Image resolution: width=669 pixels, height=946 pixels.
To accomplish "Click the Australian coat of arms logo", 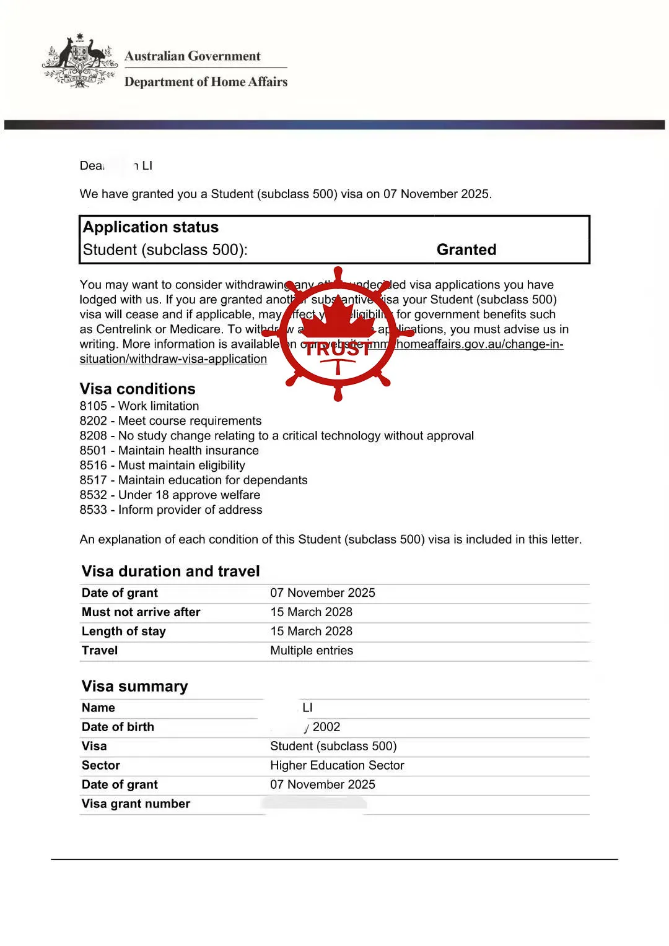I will click(x=79, y=61).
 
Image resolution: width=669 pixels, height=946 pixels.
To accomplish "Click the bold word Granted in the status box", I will click(x=466, y=250).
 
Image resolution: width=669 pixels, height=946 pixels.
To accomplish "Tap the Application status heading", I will click(x=151, y=227).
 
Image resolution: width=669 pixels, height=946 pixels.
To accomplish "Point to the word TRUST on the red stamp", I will click(x=338, y=349).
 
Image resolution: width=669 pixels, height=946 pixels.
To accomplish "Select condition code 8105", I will click(x=93, y=406).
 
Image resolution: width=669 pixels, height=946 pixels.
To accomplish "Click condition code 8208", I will click(x=93, y=436).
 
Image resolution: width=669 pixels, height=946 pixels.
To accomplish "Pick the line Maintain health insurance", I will click(x=188, y=451).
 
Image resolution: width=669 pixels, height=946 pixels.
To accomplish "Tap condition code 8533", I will click(x=93, y=510).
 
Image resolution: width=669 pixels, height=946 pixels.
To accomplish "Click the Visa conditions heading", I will click(x=138, y=389).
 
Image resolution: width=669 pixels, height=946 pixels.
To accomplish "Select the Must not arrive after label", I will click(x=141, y=612).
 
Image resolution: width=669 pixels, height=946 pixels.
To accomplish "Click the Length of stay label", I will click(x=124, y=631).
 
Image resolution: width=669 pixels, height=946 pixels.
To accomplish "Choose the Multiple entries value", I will click(x=312, y=651).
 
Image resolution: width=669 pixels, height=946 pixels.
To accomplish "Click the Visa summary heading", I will click(x=134, y=687).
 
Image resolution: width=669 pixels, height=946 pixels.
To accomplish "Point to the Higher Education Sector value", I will click(x=337, y=766).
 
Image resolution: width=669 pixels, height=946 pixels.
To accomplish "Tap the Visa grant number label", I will click(x=136, y=804).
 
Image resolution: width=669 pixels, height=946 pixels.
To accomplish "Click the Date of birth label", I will click(x=118, y=727).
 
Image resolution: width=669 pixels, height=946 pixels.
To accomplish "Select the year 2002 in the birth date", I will click(x=326, y=727).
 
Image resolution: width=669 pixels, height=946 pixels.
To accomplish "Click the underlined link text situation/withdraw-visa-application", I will click(x=173, y=359).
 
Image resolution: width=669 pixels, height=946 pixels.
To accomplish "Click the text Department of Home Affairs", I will click(x=206, y=82).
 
